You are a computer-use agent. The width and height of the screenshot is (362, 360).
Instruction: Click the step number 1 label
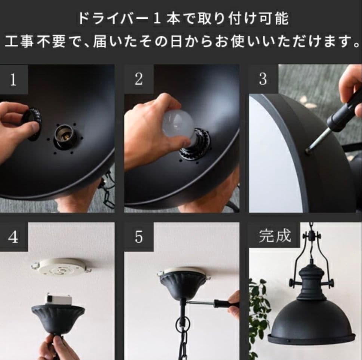click(x=13, y=80)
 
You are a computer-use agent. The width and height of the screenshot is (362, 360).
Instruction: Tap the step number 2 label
click(x=138, y=80)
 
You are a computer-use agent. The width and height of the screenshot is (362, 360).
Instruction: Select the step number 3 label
click(x=263, y=80)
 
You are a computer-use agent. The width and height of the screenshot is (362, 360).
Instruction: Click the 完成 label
click(x=274, y=236)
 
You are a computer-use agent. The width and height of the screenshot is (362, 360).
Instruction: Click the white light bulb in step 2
click(x=178, y=123)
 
